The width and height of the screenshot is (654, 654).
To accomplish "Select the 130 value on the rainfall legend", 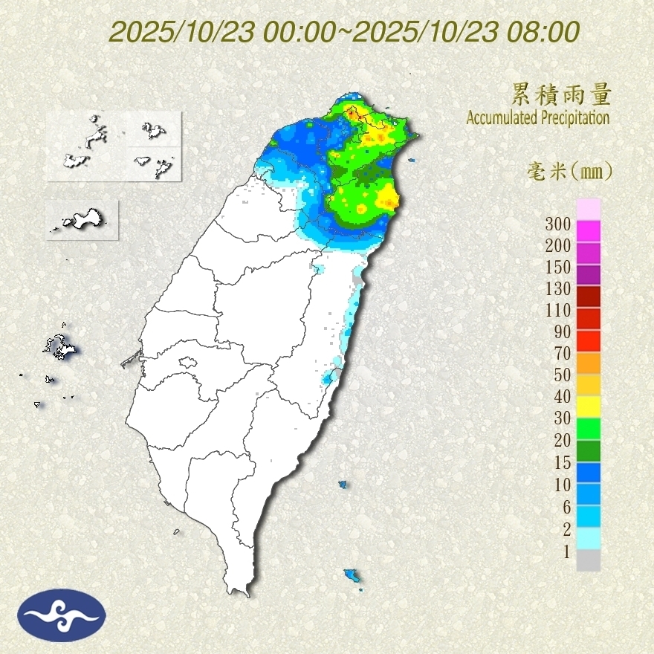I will pos(558,288).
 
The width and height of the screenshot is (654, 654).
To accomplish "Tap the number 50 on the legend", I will pos(562,375).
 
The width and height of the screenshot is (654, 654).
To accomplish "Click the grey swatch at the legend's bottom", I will pos(588,560).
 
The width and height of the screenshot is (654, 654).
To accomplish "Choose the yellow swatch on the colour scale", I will pos(588,406).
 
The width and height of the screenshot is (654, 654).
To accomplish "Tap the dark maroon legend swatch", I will pos(588,297).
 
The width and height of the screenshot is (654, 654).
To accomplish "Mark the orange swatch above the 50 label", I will pos(588,362).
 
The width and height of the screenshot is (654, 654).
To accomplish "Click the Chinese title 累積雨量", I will pos(561,94).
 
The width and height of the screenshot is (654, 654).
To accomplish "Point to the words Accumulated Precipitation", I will pos(538,117).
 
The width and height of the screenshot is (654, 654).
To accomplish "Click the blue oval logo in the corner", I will pos(62,615).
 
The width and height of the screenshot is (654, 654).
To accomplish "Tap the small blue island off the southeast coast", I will pos(352,575).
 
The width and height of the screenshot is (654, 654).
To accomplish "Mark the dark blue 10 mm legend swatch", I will pos(588,472).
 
